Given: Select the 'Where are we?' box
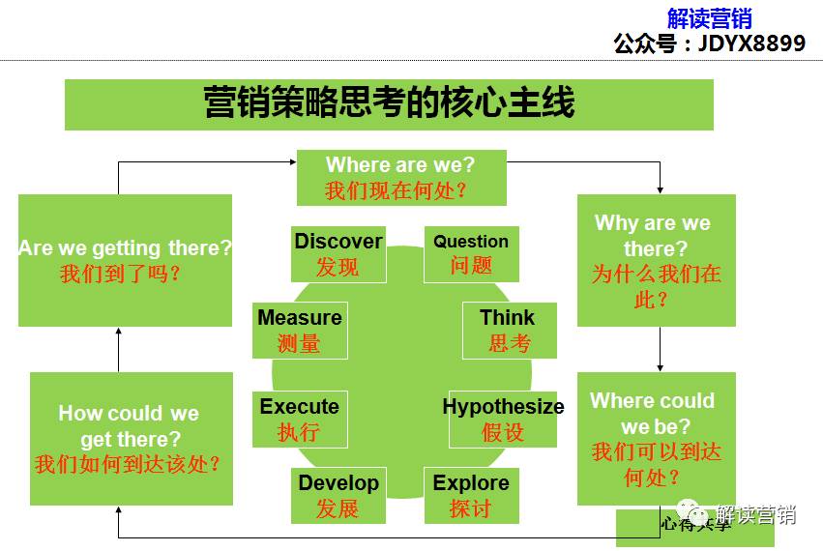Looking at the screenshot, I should pyautogui.click(x=400, y=177).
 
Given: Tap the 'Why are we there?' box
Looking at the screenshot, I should pyautogui.click(x=656, y=260).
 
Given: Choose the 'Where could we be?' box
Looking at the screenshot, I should pyautogui.click(x=656, y=438).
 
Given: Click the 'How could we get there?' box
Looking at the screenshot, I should pyautogui.click(x=131, y=438).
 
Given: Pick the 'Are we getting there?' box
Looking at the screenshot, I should pyautogui.click(x=125, y=260).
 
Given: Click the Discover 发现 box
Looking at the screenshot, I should pyautogui.click(x=338, y=254).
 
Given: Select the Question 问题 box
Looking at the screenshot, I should pyautogui.click(x=471, y=254).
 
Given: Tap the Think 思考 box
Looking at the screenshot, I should pyautogui.click(x=508, y=331).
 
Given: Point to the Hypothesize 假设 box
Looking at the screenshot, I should pyautogui.click(x=503, y=419).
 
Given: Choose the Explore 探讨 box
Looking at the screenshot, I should pyautogui.click(x=471, y=495).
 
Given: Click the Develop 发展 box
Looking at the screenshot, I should pyautogui.click(x=338, y=495).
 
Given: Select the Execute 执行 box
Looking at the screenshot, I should pyautogui.click(x=299, y=419).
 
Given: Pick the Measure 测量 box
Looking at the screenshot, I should pyautogui.click(x=299, y=331).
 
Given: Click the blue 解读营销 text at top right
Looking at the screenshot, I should pyautogui.click(x=709, y=18).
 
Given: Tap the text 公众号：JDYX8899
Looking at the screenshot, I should pyautogui.click(x=709, y=43).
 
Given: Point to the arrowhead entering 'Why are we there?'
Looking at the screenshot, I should pyautogui.click(x=661, y=189).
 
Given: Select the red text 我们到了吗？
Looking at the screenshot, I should pyautogui.click(x=121, y=274).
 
